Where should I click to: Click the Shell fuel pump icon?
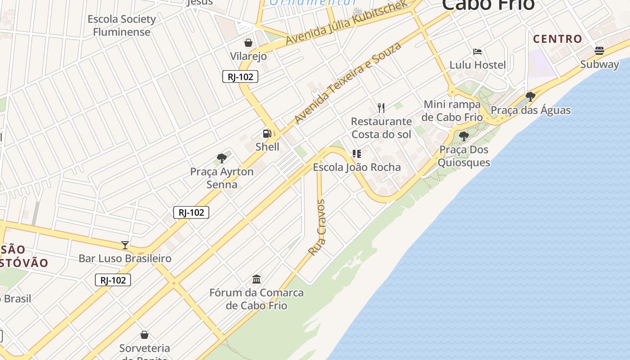[267, 133]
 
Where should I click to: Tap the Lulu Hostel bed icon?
[477, 52]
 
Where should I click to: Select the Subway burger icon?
[599, 50]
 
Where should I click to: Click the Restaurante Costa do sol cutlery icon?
[381, 108]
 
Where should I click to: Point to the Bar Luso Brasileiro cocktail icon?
[125, 245]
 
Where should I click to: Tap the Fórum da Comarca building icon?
[256, 279]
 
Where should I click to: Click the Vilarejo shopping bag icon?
[248, 43]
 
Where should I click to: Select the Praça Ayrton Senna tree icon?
[221, 158]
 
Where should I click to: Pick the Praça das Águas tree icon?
[531, 96]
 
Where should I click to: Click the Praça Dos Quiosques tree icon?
[463, 136]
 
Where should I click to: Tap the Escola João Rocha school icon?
[357, 154]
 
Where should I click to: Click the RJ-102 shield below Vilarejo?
[240, 76]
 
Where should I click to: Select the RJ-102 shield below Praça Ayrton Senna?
[191, 212]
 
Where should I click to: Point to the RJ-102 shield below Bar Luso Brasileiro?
[113, 280]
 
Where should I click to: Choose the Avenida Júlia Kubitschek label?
[346, 21]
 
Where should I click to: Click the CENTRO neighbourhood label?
[558, 39]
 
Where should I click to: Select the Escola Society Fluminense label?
[121, 26]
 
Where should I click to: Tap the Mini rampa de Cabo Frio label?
[452, 111]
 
